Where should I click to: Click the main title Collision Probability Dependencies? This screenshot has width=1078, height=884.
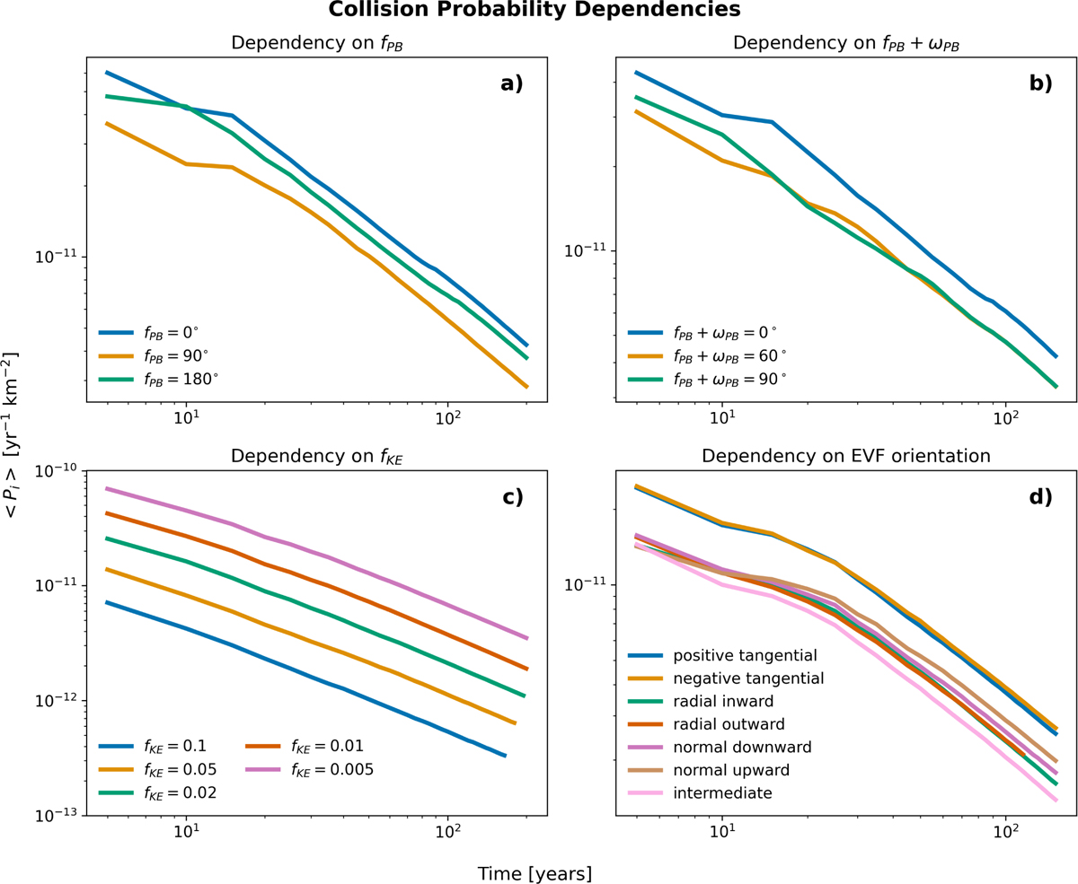pyautogui.click(x=535, y=9)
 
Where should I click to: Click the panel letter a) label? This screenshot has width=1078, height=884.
pyautogui.click(x=512, y=83)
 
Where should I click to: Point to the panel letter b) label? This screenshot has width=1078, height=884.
pyautogui.click(x=1040, y=83)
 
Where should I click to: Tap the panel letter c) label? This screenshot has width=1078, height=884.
pyautogui.click(x=512, y=496)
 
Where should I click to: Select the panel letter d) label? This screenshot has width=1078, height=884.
pyautogui.click(x=1040, y=496)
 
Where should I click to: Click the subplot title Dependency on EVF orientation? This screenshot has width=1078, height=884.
pyautogui.click(x=846, y=456)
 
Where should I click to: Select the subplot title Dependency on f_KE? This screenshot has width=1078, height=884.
pyautogui.click(x=317, y=456)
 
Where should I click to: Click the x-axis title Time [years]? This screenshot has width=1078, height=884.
pyautogui.click(x=535, y=874)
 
